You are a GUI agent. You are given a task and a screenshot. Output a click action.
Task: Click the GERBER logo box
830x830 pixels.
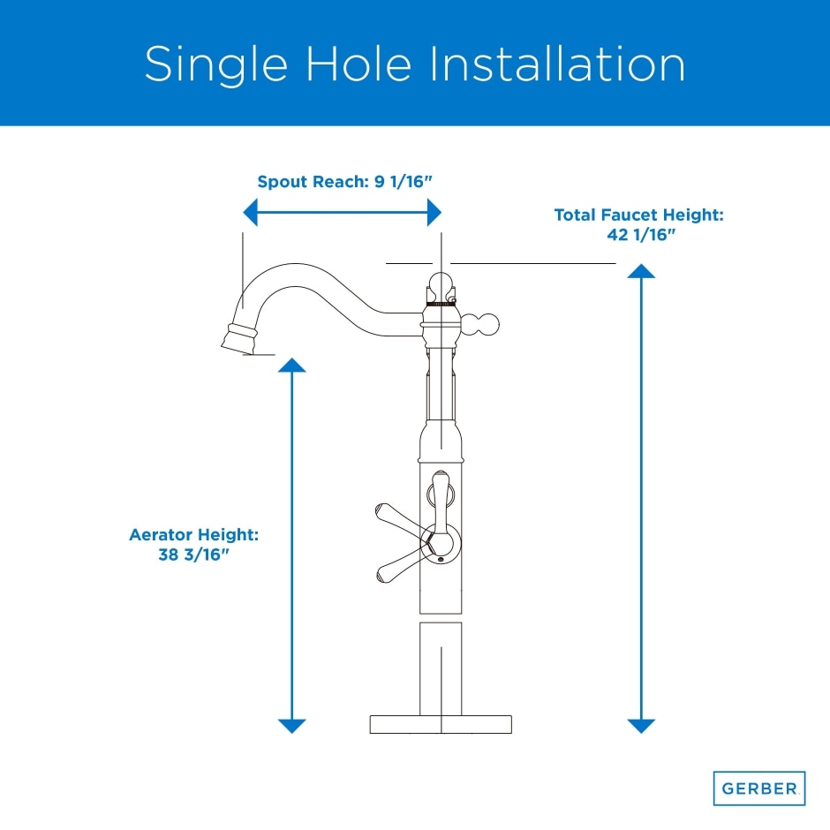point(759,788)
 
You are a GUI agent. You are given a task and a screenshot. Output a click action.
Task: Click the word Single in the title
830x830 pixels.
point(216,64)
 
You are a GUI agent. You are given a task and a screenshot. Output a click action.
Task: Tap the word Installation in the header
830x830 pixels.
point(557,64)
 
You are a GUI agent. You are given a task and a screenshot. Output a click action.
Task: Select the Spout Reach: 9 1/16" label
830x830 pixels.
point(344,182)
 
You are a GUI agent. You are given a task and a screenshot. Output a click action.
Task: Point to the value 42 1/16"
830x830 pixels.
point(641,235)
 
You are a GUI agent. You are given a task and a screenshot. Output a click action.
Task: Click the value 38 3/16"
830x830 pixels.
point(193,555)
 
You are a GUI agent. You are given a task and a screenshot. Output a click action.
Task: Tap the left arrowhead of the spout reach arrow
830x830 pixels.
point(251,212)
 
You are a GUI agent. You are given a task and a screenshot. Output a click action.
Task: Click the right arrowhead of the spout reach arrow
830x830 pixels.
point(434,212)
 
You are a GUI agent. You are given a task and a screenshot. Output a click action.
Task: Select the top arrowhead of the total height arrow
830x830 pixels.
point(641,270)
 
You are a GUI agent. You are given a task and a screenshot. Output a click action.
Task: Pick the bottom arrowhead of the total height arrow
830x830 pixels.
point(641,726)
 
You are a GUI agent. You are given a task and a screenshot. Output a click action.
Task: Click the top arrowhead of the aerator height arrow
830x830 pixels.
point(291,366)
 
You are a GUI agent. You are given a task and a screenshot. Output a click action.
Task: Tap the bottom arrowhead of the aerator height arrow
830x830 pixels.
point(291,726)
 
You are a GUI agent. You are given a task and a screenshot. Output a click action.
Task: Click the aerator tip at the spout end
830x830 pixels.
point(239,338)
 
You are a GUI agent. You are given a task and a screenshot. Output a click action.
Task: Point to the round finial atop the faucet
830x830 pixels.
point(441,285)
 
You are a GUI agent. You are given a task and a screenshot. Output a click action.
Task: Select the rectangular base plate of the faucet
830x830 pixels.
point(441,724)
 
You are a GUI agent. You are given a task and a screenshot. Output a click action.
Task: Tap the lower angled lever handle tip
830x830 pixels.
point(382,576)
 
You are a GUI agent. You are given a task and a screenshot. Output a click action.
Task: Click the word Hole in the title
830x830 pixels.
point(358,64)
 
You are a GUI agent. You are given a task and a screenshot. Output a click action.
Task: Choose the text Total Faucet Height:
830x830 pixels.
point(638,215)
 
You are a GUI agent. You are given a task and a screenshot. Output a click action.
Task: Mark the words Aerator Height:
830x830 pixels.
point(193,534)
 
